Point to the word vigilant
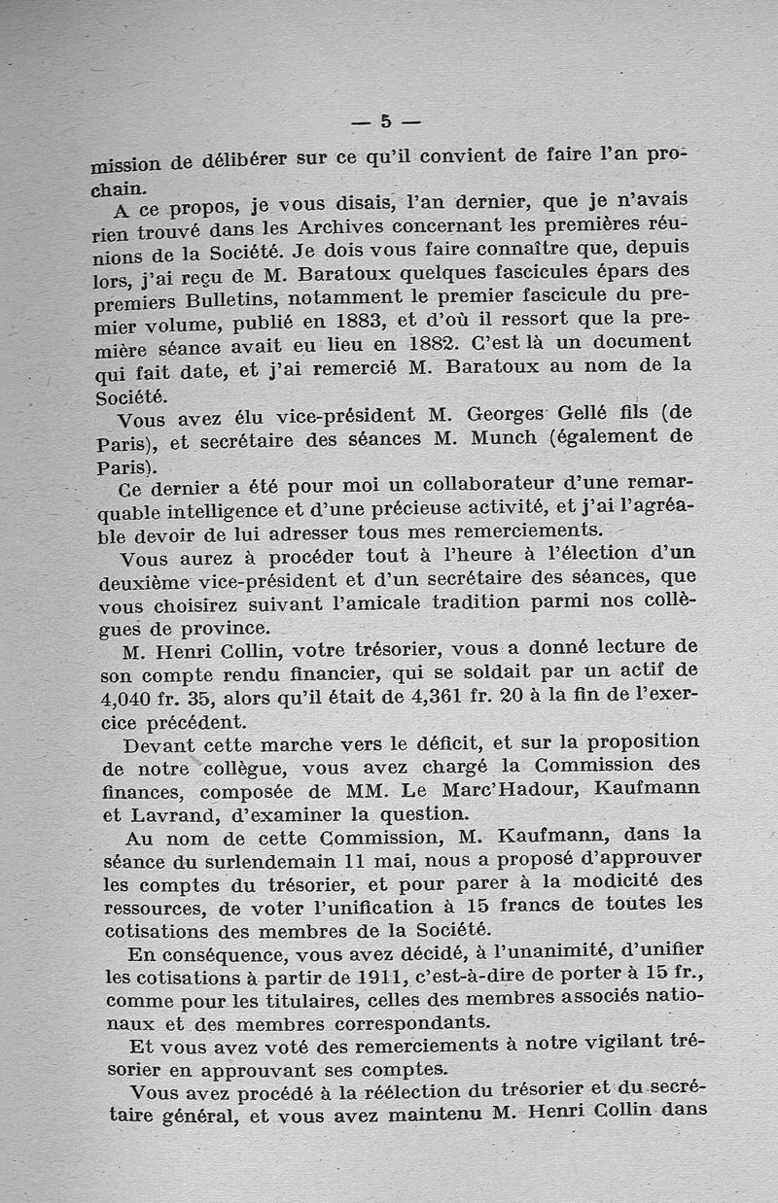(x=617, y=1044)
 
